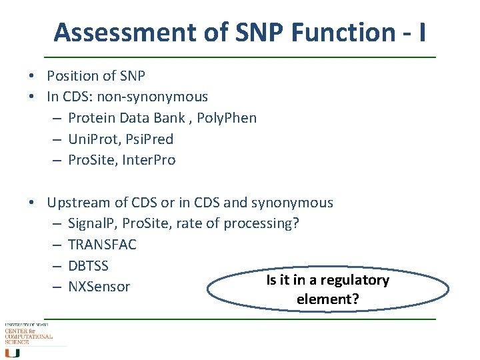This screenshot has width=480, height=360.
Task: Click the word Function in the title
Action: point(329,32)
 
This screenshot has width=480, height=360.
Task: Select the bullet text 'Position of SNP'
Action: point(96,76)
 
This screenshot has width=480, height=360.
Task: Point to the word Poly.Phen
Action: point(224,118)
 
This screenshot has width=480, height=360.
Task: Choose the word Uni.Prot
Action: point(93,139)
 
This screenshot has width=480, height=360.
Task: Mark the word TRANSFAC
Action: point(102,244)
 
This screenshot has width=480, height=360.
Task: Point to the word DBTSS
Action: point(88,265)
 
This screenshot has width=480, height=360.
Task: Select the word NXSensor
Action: point(99,287)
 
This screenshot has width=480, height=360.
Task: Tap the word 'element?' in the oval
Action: point(327,299)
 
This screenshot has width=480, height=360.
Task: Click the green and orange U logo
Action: point(12,353)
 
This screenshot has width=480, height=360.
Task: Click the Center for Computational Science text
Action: point(28,335)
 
